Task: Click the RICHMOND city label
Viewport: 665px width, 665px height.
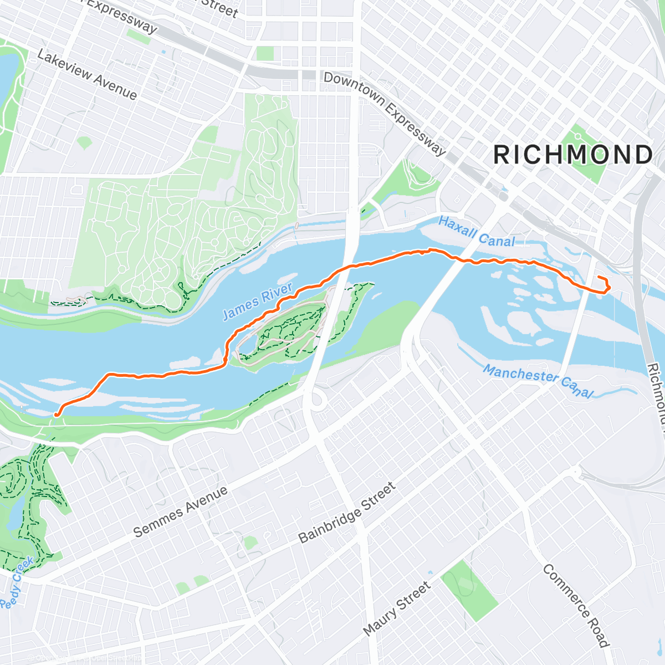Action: [x=573, y=155]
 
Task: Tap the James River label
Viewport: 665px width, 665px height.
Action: [x=257, y=302]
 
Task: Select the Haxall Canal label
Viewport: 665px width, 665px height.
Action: [x=477, y=232]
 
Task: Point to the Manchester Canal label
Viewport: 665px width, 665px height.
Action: [x=538, y=380]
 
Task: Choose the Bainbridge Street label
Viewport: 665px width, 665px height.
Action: [x=347, y=513]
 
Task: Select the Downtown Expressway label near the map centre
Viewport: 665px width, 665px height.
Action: [x=385, y=114]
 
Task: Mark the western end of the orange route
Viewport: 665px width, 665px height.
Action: [x=56, y=414]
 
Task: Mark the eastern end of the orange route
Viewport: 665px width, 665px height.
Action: [x=599, y=277]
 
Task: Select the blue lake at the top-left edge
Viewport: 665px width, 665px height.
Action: [x=7, y=78]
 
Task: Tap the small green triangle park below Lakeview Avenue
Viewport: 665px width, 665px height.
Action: [x=84, y=142]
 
